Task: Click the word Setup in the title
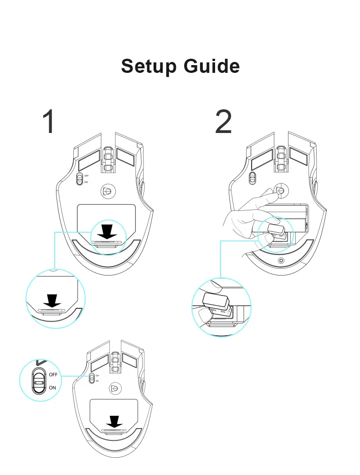click(x=149, y=66)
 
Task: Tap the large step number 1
click(x=50, y=122)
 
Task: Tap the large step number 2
click(x=223, y=122)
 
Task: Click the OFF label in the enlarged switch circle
click(x=53, y=374)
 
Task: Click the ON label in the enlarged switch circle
click(x=52, y=388)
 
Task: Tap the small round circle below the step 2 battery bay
click(x=280, y=260)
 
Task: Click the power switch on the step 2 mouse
click(x=252, y=178)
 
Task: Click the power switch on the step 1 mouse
click(x=80, y=179)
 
